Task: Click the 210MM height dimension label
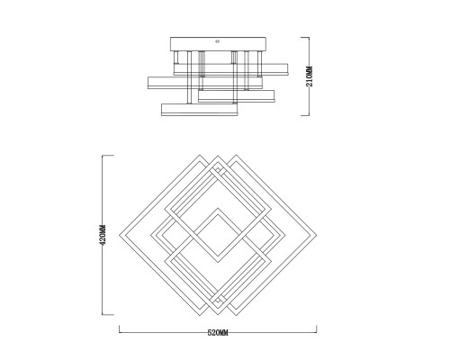pos(310,76)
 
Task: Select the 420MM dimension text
pos(103,235)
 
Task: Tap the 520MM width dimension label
pos(218,333)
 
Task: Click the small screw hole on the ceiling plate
pos(218,41)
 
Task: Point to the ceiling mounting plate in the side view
pos(218,44)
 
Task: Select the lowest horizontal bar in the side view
pos(200,110)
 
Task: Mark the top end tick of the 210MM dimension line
pos(305,37)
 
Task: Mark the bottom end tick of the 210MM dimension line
pos(305,115)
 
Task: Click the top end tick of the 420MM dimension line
pos(108,156)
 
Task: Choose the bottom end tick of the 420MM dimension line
pos(108,315)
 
